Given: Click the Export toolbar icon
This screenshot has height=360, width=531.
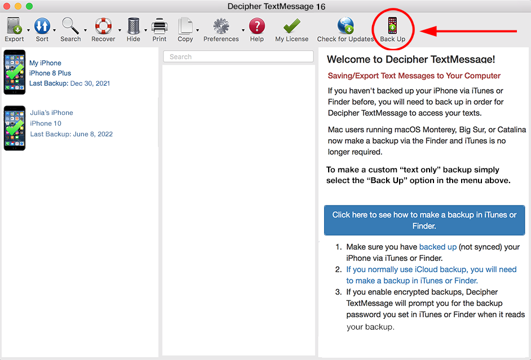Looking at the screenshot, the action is pyautogui.click(x=14, y=26).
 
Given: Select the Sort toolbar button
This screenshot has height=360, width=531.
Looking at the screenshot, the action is pyautogui.click(x=42, y=26).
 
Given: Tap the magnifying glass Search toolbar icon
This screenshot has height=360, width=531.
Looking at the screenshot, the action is pyautogui.click(x=70, y=26).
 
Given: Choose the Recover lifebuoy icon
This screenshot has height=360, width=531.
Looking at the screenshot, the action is pyautogui.click(x=103, y=26).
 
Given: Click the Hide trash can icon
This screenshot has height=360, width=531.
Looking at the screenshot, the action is pyautogui.click(x=134, y=26).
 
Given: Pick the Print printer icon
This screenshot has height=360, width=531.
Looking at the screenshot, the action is pyautogui.click(x=159, y=26).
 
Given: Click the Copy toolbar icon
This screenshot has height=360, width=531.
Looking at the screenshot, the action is pyautogui.click(x=185, y=26).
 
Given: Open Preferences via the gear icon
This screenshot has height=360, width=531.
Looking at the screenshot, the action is pyautogui.click(x=221, y=26).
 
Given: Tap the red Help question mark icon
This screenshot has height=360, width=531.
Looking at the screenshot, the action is pyautogui.click(x=257, y=26).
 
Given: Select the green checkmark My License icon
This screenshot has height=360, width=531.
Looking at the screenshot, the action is pyautogui.click(x=291, y=26).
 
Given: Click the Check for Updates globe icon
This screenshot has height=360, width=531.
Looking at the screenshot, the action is pyautogui.click(x=346, y=26).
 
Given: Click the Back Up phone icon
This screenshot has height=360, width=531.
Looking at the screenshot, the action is pyautogui.click(x=392, y=25).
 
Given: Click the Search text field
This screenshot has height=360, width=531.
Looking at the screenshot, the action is pyautogui.click(x=238, y=56).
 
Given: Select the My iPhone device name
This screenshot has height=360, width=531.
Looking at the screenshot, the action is pyautogui.click(x=45, y=63).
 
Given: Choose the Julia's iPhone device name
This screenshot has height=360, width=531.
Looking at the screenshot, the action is pyautogui.click(x=51, y=113).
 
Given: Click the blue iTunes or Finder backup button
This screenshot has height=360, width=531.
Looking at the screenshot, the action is pyautogui.click(x=424, y=220).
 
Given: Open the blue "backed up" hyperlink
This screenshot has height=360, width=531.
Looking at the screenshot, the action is pyautogui.click(x=438, y=247).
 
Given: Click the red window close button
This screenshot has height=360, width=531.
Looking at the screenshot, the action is pyautogui.click(x=6, y=6).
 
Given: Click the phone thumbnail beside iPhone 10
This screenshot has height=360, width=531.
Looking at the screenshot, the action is pyautogui.click(x=15, y=128).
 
